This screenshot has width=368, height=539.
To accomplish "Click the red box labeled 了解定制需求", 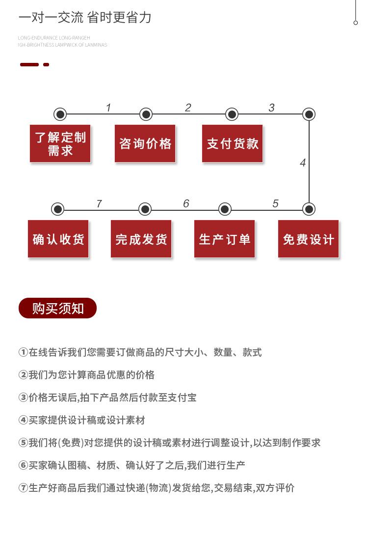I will tap(60, 143).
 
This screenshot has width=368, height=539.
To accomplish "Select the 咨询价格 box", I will tap(145, 143).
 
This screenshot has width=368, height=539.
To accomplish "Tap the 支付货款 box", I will tap(233, 143).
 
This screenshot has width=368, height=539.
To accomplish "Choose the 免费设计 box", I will tap(309, 239).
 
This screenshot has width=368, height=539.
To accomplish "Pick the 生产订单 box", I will tap(225, 239).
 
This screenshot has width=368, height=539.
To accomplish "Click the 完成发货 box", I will tap(141, 239).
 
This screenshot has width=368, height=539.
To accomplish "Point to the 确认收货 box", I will tap(58, 239).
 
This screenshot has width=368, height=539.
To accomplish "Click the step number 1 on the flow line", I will tap(108, 108).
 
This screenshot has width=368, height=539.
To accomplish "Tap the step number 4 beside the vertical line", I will tap(303, 163).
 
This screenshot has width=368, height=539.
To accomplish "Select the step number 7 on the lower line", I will tap(99, 203).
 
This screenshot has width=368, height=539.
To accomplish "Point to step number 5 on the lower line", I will tap(275, 203).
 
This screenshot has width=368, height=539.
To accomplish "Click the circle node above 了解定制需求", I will tap(60, 114).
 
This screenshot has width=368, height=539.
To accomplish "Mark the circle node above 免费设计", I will tap(309, 209).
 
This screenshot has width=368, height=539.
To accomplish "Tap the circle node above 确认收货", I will tap(58, 209).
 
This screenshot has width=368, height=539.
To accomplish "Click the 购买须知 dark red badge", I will tap(57, 308).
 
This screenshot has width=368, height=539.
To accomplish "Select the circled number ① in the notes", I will tap(23, 352).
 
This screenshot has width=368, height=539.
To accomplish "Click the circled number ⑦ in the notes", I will tap(23, 488).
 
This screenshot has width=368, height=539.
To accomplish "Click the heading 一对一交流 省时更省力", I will tap(85, 18).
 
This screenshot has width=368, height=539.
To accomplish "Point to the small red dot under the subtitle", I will tap(46, 64).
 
